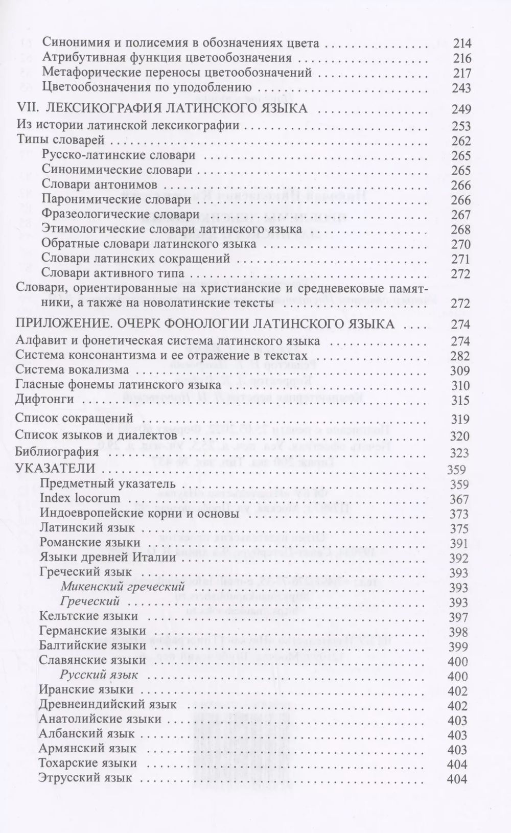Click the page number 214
click(461, 43)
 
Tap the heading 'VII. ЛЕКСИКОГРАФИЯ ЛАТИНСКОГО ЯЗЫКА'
click(162, 108)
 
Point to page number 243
click(461, 88)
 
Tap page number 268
click(461, 229)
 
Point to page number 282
click(461, 356)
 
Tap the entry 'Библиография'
click(57, 452)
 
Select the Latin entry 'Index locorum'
click(80, 498)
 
